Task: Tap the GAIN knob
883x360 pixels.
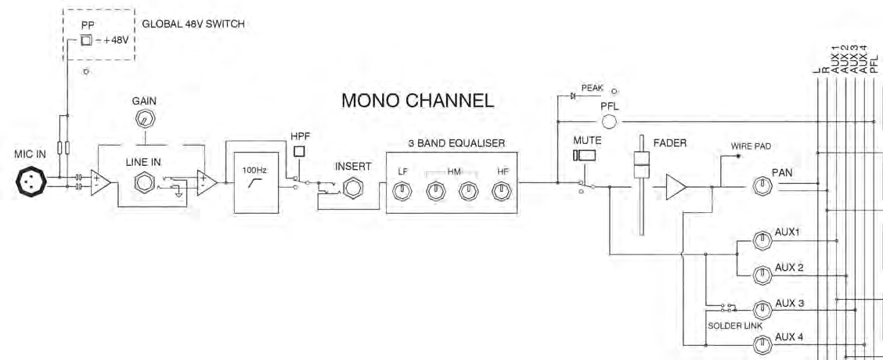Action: [144, 120]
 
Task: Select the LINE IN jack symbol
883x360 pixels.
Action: [144, 184]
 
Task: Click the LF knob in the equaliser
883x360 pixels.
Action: [402, 190]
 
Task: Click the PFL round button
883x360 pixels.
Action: [610, 121]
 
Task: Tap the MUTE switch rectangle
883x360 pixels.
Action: [585, 156]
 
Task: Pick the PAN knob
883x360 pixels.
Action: [761, 185]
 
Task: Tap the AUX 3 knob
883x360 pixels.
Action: [761, 308]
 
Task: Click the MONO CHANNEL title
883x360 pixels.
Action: [417, 100]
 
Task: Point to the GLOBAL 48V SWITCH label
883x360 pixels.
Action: [193, 24]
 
